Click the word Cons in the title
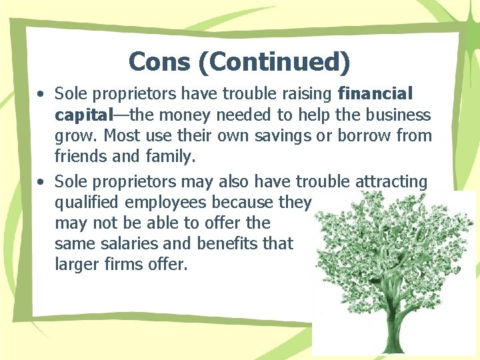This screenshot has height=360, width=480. click(x=154, y=61)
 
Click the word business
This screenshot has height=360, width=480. click(x=395, y=115)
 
